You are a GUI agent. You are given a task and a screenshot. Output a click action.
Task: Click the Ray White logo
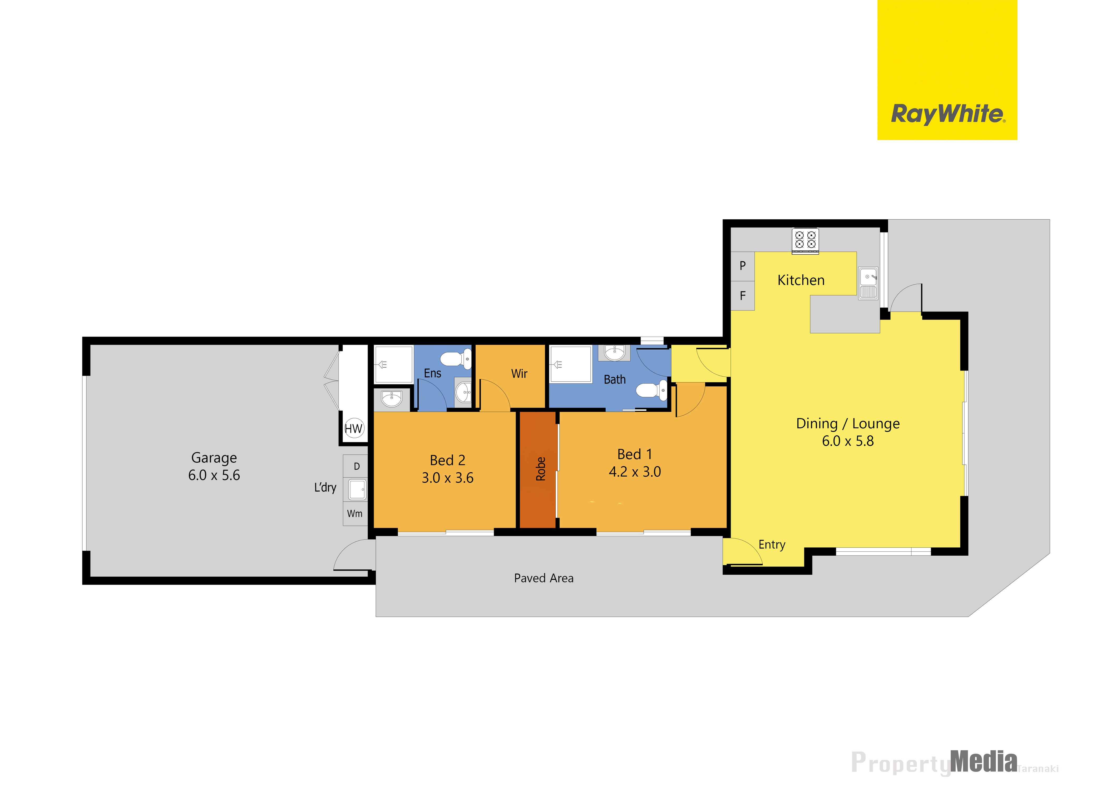947,70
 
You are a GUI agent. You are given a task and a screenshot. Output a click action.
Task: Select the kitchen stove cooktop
805,241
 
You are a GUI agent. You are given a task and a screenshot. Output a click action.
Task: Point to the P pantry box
743,266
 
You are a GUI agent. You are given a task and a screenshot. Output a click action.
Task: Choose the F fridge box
743,296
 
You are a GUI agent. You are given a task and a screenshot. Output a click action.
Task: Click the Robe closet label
540,469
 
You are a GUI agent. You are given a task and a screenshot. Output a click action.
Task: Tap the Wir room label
519,374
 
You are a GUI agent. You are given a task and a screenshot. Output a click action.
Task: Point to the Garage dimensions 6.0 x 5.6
214,475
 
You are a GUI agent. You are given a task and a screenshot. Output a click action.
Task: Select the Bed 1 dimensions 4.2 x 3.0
635,472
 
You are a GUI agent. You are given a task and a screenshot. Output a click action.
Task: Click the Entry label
772,545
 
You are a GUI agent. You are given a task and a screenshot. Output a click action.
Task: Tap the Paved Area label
544,578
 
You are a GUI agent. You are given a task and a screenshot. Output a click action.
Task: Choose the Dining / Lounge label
848,424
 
